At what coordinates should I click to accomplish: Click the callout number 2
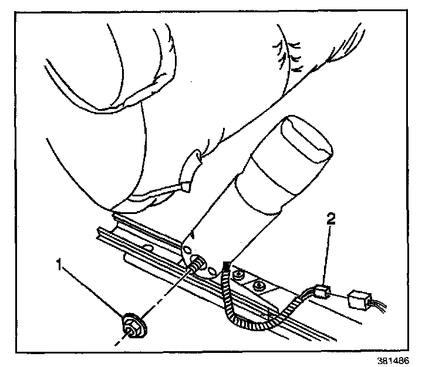click(x=332, y=220)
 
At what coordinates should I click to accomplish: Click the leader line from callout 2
click(x=329, y=252)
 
